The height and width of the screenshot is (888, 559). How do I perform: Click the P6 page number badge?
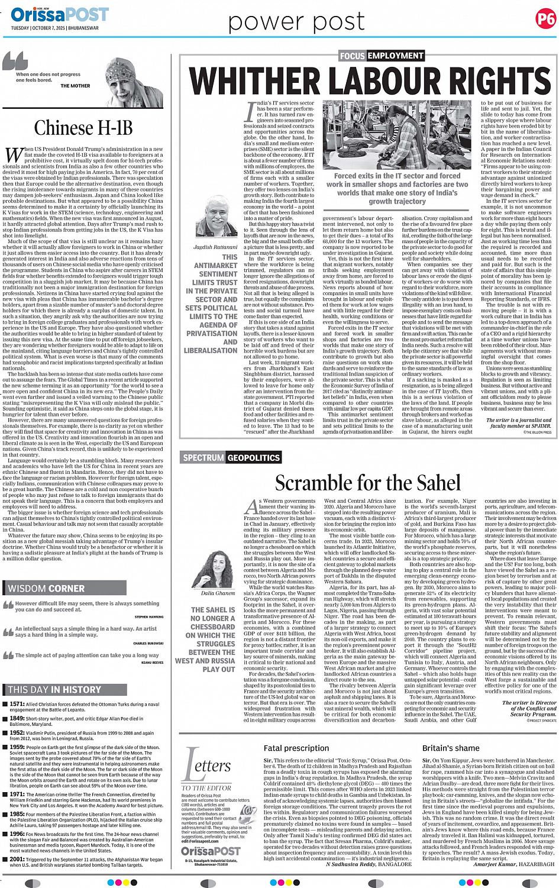coord(545,19)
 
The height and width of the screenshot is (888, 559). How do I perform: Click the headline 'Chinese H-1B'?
coord(83,128)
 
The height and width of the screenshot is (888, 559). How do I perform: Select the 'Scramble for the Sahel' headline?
coord(367,483)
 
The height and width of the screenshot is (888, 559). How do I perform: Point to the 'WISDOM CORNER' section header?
coord(47,588)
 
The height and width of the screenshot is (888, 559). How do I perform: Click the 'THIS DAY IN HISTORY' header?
coord(54,689)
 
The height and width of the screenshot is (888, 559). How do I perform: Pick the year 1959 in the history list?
coord(17,747)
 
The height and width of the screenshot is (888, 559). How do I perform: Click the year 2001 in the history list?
coord(17,859)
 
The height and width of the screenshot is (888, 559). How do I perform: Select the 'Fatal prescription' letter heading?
coord(296,748)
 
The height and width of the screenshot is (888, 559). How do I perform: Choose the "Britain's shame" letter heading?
coord(451,748)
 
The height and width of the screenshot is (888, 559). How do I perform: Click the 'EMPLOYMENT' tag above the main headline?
coord(396,56)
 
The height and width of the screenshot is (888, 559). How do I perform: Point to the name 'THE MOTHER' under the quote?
coord(75,86)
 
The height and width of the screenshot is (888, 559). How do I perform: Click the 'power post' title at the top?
coord(296,22)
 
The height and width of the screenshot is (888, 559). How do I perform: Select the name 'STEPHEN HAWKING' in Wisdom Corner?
coord(149,616)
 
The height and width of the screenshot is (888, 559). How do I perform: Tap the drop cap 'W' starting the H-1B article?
coord(14,155)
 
